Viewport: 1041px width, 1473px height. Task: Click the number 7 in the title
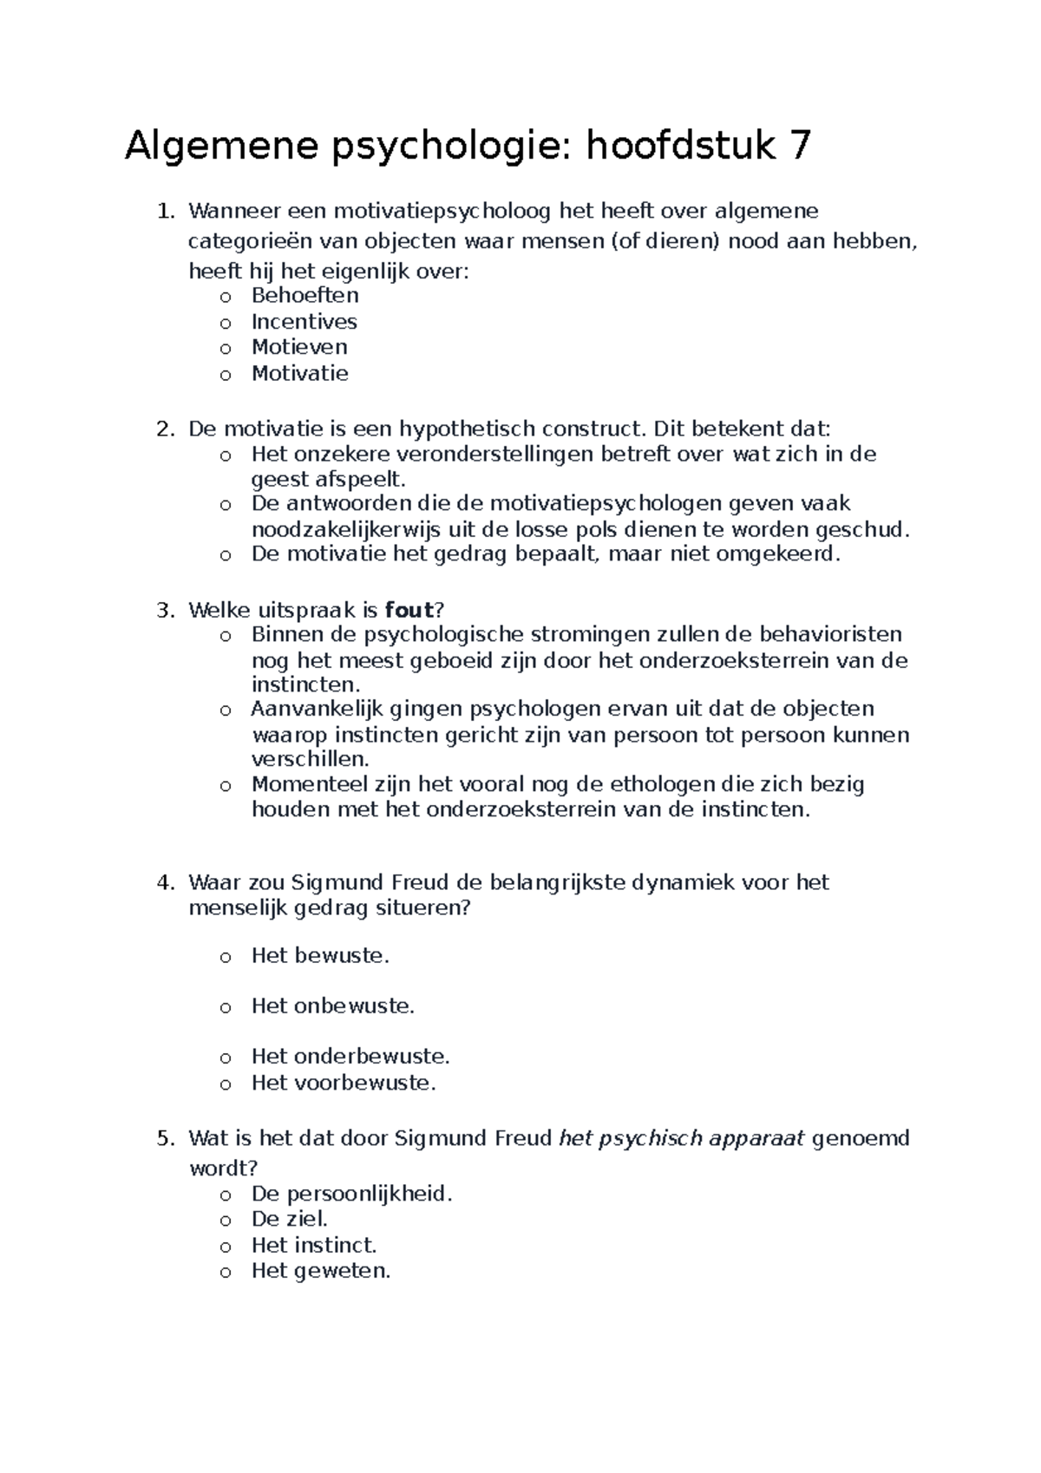click(797, 147)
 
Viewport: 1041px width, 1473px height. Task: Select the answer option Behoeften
click(304, 296)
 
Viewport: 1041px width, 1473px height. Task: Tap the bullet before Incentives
click(226, 323)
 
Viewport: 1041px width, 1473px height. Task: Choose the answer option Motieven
click(299, 347)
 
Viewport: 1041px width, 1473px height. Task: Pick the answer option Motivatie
click(299, 374)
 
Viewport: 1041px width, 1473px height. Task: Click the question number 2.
click(164, 429)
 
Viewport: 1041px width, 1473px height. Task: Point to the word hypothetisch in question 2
click(468, 429)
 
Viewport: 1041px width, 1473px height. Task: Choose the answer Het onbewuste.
click(333, 1006)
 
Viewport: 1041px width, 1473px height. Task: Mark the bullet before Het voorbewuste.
click(226, 1083)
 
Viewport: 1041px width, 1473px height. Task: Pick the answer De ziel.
click(289, 1220)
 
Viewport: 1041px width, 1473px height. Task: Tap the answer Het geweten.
click(321, 1272)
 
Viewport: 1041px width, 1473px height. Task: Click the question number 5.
click(164, 1138)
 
